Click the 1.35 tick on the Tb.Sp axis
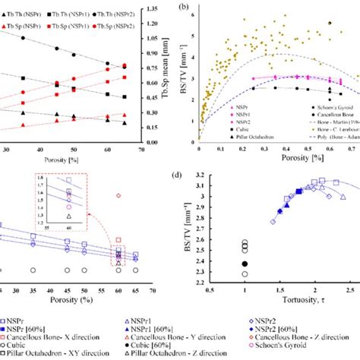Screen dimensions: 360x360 153,9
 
